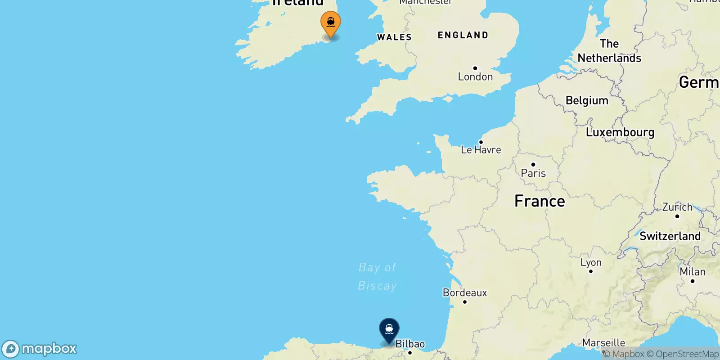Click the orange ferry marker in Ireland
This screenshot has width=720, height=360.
(331, 23)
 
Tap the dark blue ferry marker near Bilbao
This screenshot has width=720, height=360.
(389, 330)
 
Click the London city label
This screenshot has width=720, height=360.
(475, 77)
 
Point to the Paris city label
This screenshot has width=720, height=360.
(533, 173)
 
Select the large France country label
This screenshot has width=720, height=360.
(540, 201)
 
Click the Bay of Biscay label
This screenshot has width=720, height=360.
(378, 276)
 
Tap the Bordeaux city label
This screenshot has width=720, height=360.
(465, 293)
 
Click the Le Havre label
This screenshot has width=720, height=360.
(481, 150)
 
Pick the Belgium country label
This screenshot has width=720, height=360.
(587, 100)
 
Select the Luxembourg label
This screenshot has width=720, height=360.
(620, 132)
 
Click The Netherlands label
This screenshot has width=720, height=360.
(609, 51)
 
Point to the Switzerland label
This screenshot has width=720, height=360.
(670, 236)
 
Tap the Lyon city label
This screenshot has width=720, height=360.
(591, 262)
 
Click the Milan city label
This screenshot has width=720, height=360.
(693, 272)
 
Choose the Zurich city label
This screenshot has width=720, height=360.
(677, 207)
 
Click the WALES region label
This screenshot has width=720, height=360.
(394, 37)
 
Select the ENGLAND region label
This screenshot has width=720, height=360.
(463, 35)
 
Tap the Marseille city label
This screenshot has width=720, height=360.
(603, 343)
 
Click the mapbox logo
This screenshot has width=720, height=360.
(40, 349)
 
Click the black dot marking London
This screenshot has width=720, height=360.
(475, 68)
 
